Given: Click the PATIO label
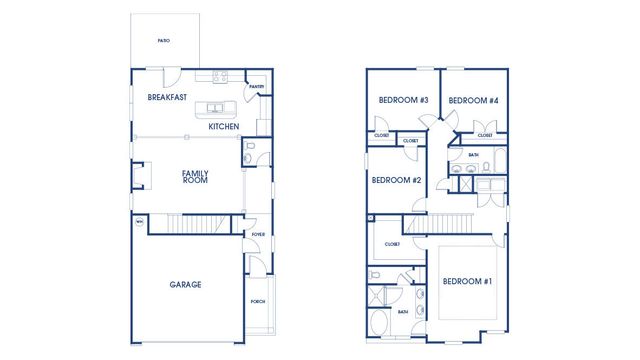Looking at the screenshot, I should (x=164, y=41).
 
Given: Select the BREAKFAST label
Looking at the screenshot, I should (x=167, y=98).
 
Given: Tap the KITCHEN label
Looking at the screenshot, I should (x=223, y=127).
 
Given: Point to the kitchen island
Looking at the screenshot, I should (x=216, y=108).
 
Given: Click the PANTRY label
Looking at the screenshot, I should (x=257, y=87).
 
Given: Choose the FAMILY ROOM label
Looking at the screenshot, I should (x=195, y=177).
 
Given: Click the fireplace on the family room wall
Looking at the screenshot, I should (x=140, y=176).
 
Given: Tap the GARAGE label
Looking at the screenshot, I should (x=185, y=285).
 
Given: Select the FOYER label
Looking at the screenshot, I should (x=258, y=236).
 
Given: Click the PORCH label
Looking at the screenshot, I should (x=258, y=301).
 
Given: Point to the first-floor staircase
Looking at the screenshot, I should (x=194, y=223).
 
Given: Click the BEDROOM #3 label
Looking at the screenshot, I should (x=403, y=100).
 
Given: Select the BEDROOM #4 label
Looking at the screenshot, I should (x=473, y=100).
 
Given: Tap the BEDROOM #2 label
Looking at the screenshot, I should (x=396, y=181).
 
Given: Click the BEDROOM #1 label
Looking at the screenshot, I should (x=467, y=281).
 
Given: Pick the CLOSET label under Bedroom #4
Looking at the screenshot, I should (x=485, y=135).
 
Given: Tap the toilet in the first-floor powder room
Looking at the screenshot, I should (x=251, y=152).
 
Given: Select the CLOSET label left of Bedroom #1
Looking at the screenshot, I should (x=391, y=243).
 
